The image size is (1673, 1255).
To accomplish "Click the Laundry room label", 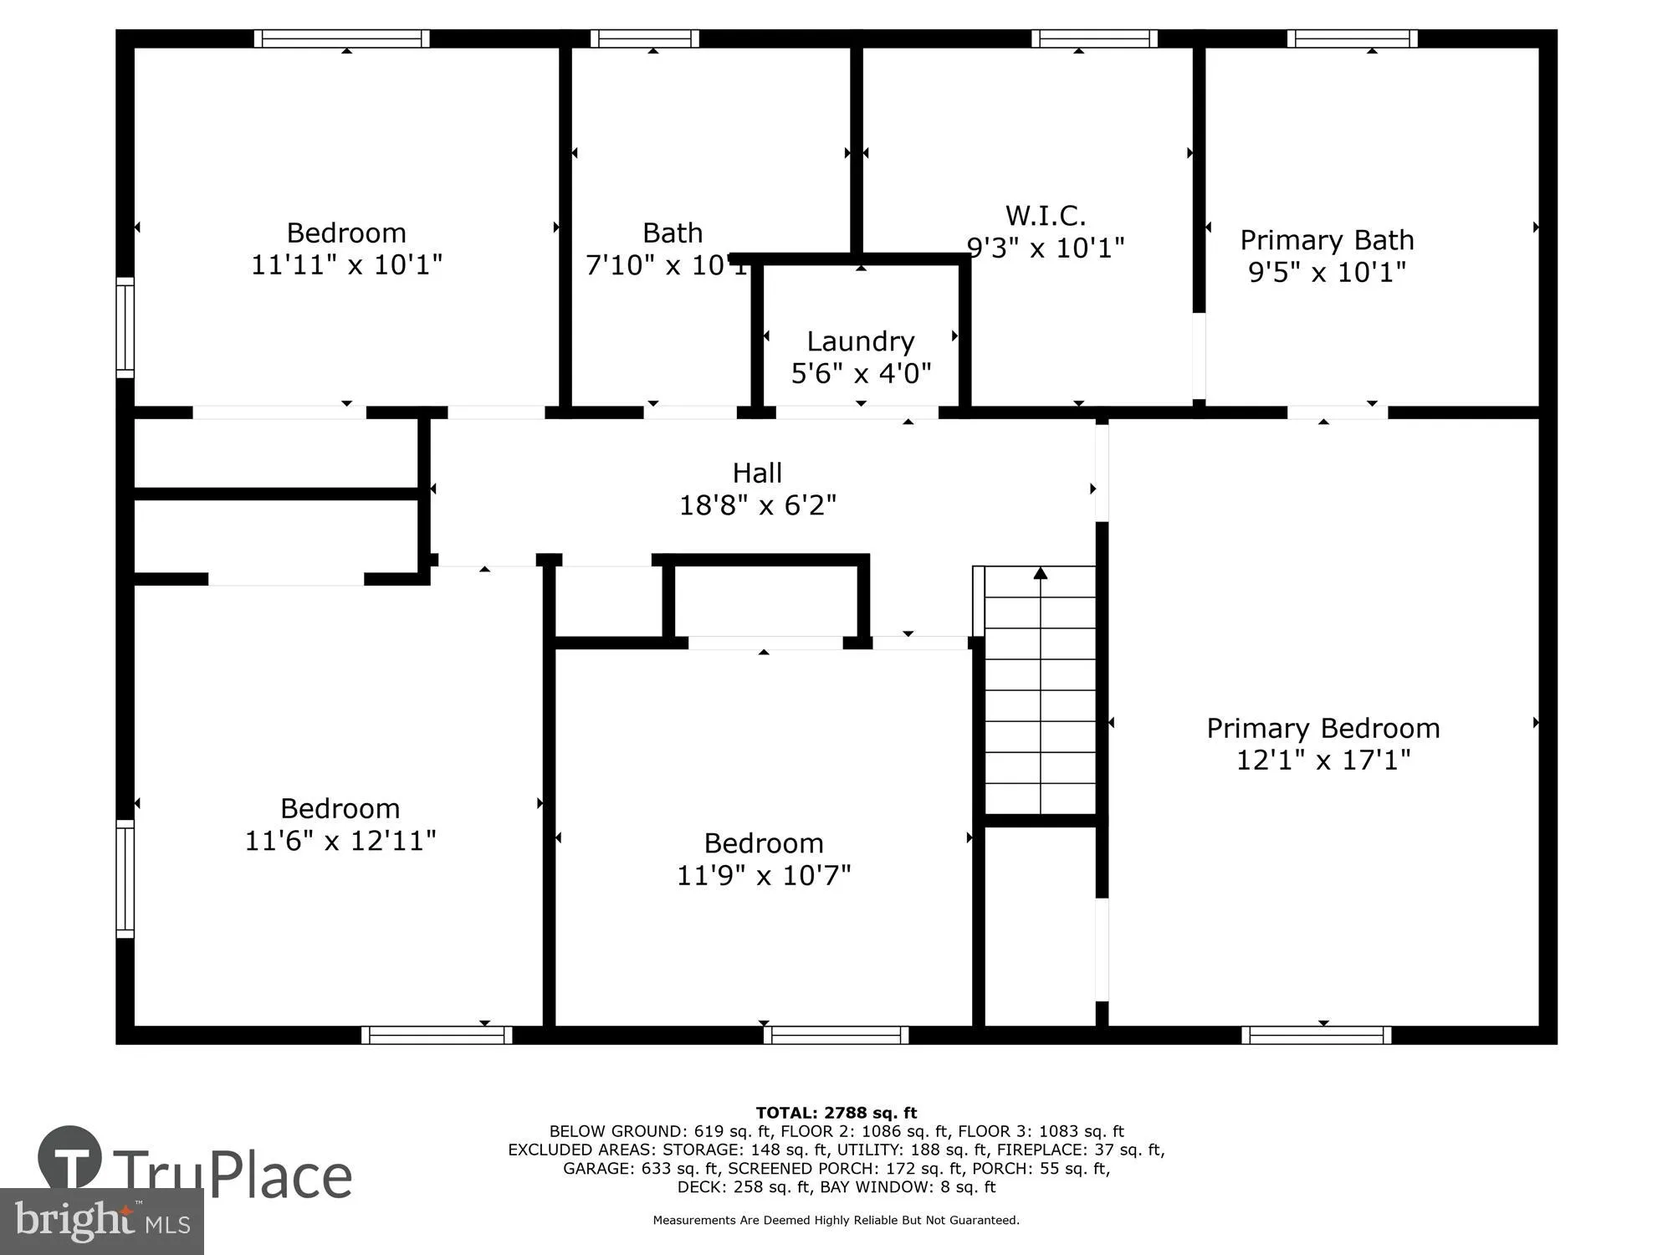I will [860, 341].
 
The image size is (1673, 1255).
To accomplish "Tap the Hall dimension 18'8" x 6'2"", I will [757, 505].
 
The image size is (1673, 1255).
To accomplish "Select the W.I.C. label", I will [1045, 216].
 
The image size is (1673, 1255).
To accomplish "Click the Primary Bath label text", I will [1327, 241].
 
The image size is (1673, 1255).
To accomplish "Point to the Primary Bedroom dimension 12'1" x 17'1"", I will [1323, 760].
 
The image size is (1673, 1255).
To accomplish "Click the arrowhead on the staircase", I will [1040, 574].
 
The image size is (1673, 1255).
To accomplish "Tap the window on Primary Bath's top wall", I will [1352, 38].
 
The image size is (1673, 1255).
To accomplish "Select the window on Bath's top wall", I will [644, 38].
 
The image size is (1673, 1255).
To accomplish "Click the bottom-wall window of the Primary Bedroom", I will [1316, 1035].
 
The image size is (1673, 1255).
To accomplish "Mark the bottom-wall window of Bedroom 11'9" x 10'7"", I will [836, 1035].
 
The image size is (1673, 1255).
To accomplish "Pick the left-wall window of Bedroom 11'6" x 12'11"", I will [125, 878].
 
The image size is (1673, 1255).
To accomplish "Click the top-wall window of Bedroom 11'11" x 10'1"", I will [341, 38].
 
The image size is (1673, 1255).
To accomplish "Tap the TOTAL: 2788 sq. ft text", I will [836, 1113].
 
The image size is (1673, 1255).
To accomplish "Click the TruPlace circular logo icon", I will [70, 1159].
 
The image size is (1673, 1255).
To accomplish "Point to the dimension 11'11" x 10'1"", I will [346, 265].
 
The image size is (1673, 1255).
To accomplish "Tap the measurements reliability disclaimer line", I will [836, 1221].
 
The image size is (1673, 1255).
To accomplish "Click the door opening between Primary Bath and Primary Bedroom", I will [1337, 412].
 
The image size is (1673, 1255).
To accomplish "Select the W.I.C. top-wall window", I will [1094, 38].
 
